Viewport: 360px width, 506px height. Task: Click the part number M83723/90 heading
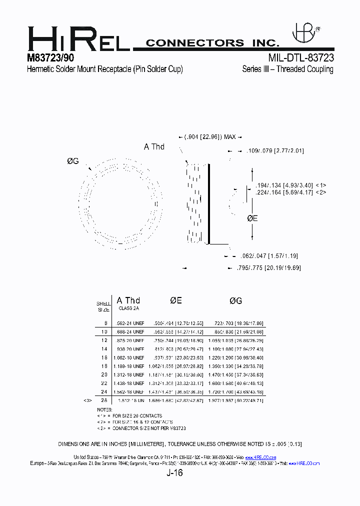[x=50, y=58]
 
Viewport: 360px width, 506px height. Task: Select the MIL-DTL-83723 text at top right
[x=301, y=58]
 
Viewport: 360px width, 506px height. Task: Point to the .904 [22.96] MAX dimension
[x=210, y=137]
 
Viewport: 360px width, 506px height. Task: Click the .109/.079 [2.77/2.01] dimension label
[x=276, y=150]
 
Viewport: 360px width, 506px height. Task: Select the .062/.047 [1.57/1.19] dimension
[x=270, y=256]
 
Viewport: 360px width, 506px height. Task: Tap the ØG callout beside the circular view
[x=73, y=161]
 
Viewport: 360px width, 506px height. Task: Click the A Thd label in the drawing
[x=154, y=146]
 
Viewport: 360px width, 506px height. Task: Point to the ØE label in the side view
[x=253, y=218]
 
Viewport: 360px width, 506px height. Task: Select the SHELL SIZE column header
[x=103, y=306]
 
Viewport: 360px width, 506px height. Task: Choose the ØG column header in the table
[x=235, y=300]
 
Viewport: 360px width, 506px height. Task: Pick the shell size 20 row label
[x=104, y=374]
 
